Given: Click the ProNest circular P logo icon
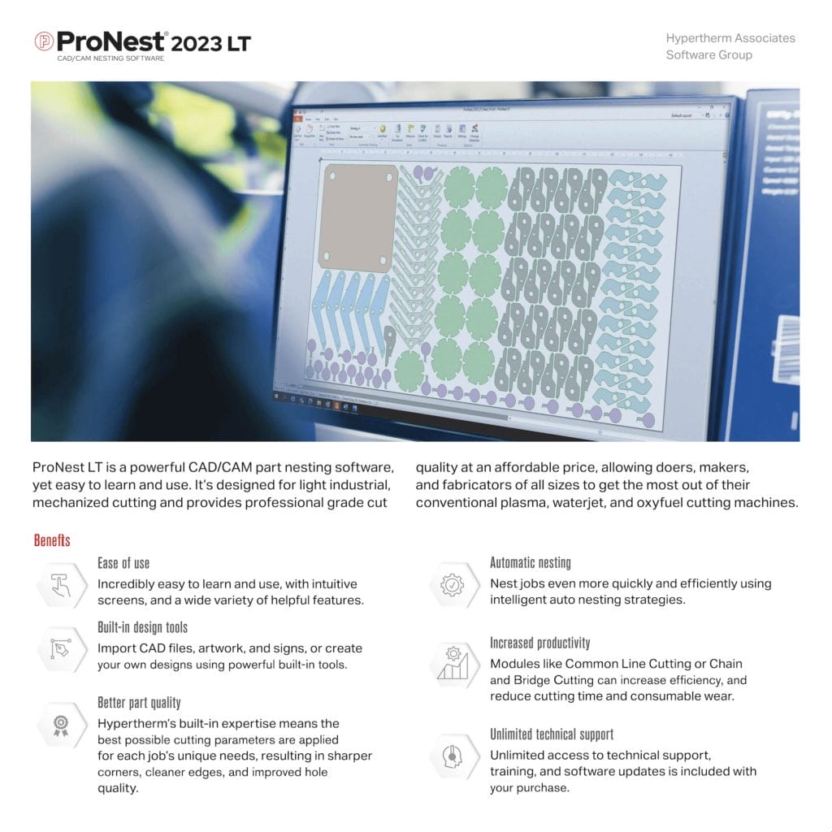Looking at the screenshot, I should pos(44,41).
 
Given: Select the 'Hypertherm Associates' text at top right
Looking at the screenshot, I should pos(730,38).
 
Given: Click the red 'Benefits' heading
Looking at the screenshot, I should pos(52,540).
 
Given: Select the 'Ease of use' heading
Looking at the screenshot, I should pos(123,563).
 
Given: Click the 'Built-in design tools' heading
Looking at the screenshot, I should pos(142,627).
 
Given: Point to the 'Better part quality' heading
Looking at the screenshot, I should pos(139,702).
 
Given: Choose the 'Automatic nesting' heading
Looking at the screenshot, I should pos(530,562).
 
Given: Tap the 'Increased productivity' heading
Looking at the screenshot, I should pos(539,643).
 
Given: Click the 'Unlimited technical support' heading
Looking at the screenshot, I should pos(551,734).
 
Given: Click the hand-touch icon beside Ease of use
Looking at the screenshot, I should pos(61,585).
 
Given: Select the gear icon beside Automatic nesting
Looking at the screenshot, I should pos(452,584).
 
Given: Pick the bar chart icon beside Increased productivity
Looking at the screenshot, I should pos(452,663).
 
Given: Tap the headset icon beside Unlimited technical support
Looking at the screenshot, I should pos(452,756).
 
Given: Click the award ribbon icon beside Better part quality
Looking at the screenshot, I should pos(61,725).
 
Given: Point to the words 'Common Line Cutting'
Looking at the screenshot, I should pos(622,664).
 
